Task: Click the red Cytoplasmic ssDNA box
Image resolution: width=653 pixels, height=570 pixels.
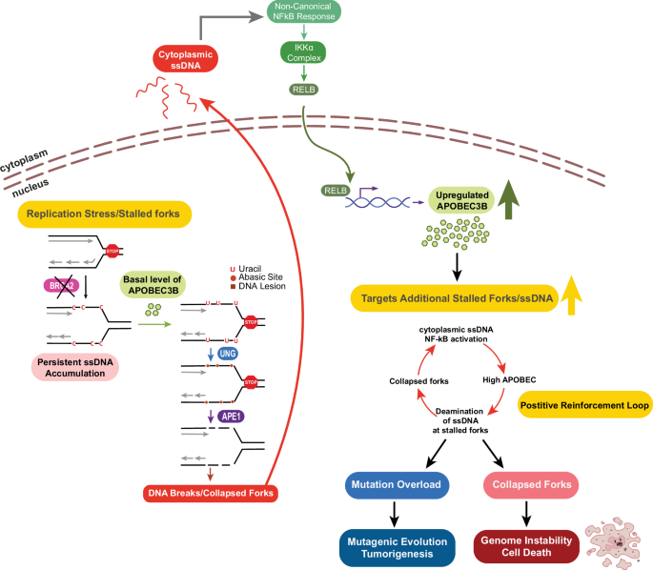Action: click(188, 60)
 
